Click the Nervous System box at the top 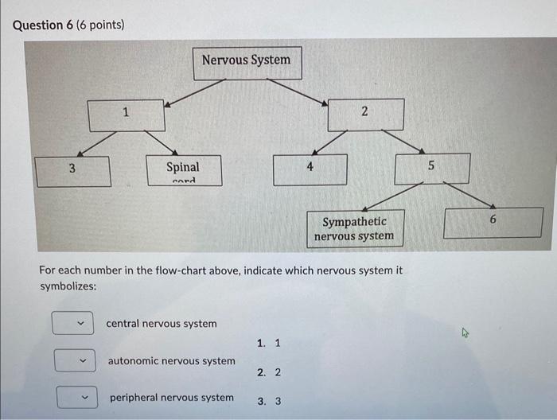(246, 61)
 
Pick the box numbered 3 (73, 170)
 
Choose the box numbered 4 (310, 169)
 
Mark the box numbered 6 (493, 222)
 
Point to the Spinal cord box (183, 169)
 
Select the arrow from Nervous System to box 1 (195, 91)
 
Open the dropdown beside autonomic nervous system (76, 361)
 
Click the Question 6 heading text (68, 25)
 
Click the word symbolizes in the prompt (68, 286)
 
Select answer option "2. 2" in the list (269, 372)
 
